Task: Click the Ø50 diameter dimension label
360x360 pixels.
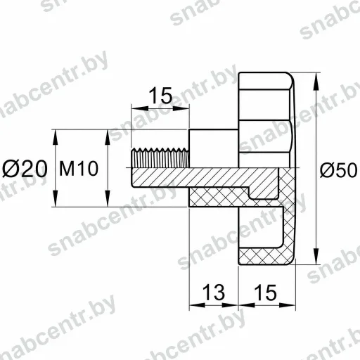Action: point(339,170)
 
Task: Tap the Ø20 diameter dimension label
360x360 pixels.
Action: point(25,169)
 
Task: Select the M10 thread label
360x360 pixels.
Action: point(79,169)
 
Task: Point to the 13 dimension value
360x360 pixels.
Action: point(213,292)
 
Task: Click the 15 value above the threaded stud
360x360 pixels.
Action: point(160,96)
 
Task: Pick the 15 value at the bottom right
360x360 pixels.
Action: point(265,292)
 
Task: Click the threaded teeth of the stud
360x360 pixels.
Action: point(160,157)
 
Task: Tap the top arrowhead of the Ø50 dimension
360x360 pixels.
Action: point(316,81)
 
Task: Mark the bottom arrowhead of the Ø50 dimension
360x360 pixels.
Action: point(316,256)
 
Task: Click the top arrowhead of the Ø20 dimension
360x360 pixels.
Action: point(56,138)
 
